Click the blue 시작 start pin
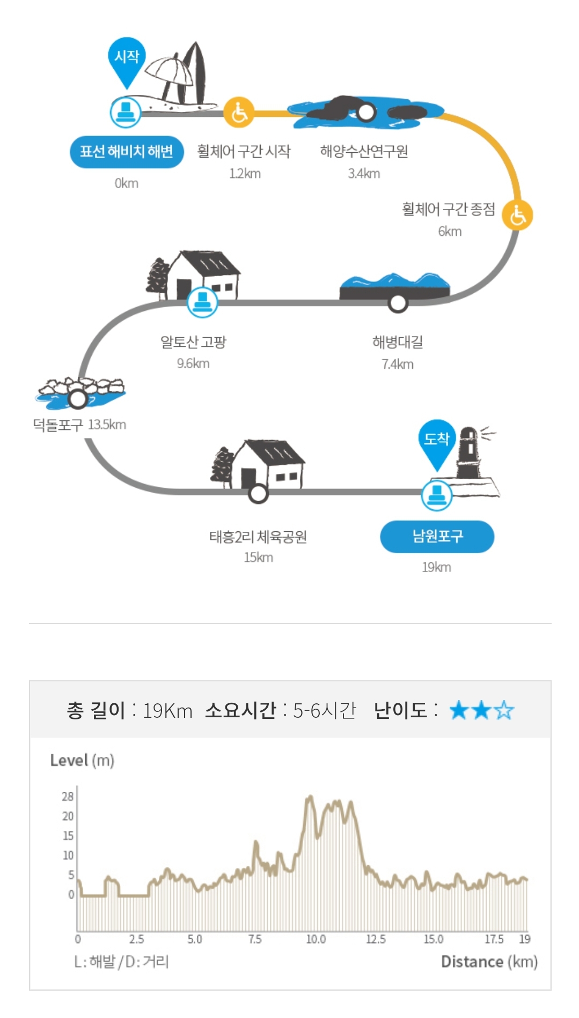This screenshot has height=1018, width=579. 127,58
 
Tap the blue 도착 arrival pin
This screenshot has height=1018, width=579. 436,441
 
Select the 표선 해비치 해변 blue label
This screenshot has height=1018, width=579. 127,152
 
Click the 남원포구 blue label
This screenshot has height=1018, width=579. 437,536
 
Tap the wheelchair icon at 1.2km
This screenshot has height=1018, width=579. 239,113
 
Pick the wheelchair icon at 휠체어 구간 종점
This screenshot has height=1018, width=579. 517,215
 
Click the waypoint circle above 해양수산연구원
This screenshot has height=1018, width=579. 366,113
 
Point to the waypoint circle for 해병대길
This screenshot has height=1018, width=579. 398,303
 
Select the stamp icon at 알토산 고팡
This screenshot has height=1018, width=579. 202,302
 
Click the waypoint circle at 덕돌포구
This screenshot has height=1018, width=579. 78,399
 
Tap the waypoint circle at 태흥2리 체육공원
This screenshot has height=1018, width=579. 258,493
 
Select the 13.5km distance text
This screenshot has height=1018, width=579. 107,425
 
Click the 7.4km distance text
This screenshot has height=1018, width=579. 397,365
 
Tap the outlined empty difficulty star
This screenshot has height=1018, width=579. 504,711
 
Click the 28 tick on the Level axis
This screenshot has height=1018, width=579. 67,796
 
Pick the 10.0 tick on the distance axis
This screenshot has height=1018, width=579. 316,939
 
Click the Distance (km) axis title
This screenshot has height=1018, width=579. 489,962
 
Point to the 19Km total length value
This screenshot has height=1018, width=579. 167,711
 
